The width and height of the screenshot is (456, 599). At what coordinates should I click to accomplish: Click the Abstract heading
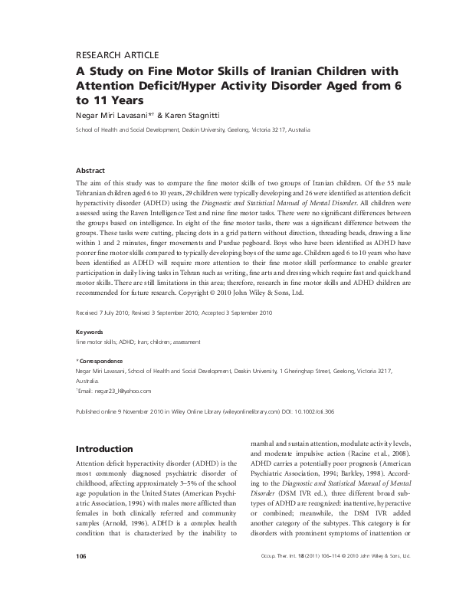pos(92,170)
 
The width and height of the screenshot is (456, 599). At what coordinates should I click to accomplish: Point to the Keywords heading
pos(90,332)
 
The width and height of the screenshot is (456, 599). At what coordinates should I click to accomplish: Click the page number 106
pos(82,576)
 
